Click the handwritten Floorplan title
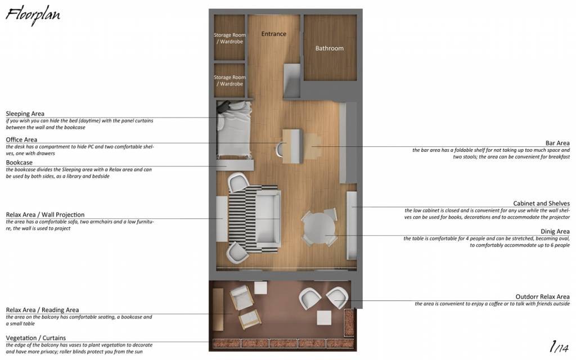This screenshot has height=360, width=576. tap(33, 16)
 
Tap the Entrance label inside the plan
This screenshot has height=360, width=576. tap(274, 34)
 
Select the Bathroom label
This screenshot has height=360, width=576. tap(330, 48)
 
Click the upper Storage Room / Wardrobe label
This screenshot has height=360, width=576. tap(229, 38)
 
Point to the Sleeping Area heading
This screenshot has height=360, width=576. tap(25, 114)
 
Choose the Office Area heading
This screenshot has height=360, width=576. tap(21, 139)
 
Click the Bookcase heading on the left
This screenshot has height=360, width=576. tap(19, 163)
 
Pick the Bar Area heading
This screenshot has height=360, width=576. tap(557, 143)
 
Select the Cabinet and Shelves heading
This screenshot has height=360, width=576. tap(542, 203)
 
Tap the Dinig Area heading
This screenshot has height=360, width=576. tap(555, 231)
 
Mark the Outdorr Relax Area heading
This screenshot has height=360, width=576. tap(543, 296)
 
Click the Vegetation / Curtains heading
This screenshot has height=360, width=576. tap(35, 337)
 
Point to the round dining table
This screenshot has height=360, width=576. tap(319, 227)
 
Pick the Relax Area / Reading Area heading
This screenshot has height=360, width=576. tap(42, 310)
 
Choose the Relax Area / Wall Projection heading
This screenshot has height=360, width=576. tap(45, 214)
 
